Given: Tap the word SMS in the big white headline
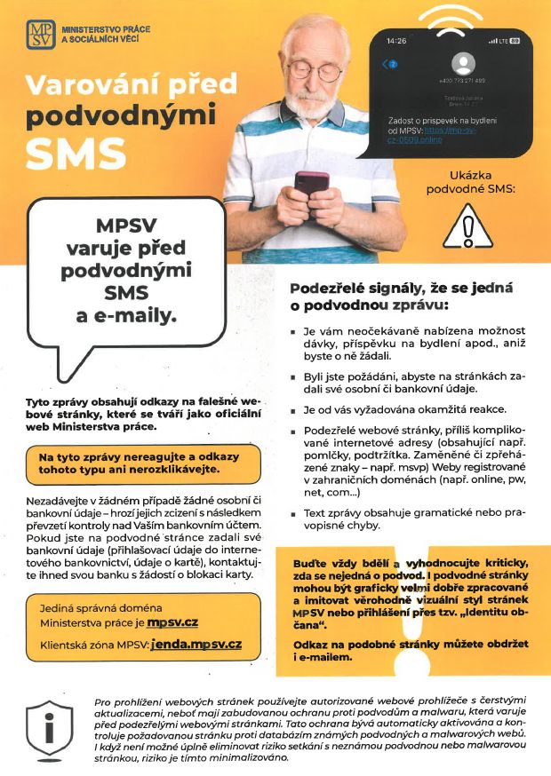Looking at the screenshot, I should pos(76,154).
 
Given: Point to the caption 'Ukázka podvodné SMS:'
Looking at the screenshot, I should pos(471,182).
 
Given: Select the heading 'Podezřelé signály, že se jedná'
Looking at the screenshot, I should pos(402,289).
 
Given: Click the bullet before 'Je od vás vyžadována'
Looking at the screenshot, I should pos(294,410).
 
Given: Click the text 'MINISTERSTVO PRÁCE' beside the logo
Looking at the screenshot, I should pos(105,29).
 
